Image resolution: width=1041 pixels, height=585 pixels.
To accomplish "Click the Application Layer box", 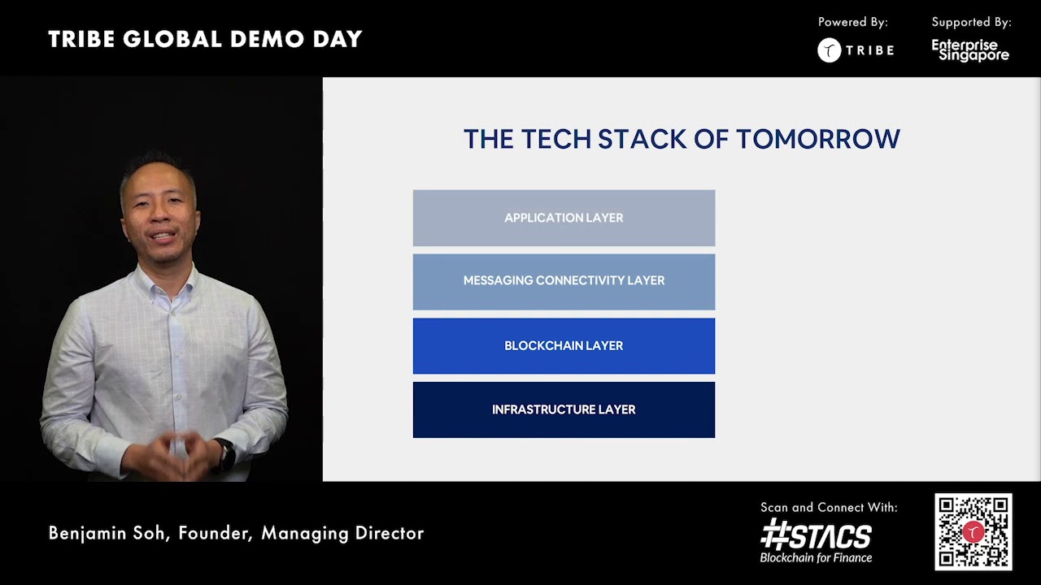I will click(564, 218).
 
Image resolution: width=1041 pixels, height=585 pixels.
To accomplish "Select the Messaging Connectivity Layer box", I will click(564, 281).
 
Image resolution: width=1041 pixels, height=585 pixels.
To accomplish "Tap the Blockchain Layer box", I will click(564, 346).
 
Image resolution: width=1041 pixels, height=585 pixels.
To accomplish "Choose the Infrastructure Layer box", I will click(564, 409).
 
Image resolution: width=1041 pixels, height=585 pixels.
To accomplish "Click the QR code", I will click(973, 532).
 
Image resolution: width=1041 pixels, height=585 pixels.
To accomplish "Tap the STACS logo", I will click(816, 536).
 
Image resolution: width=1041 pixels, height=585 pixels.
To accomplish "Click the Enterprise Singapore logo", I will click(970, 50).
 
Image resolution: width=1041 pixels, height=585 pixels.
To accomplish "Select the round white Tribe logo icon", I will click(829, 50).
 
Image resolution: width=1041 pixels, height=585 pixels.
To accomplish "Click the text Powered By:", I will click(852, 23).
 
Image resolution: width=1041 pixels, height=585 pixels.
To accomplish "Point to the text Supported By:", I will click(971, 23).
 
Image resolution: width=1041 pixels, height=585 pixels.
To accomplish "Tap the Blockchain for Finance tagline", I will click(816, 558).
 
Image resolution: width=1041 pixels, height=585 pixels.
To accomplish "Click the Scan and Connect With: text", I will click(829, 507).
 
